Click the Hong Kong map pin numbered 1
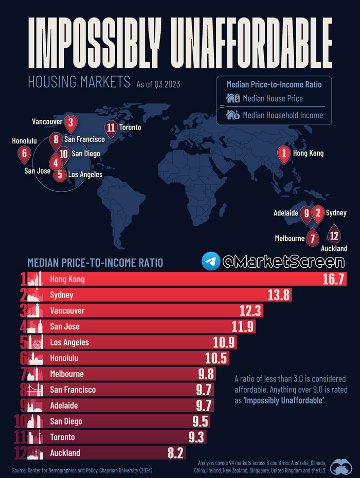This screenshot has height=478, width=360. coord(283,153)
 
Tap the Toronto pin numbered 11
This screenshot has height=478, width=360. coord(110,127)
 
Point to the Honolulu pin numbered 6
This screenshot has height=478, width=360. coord(24,153)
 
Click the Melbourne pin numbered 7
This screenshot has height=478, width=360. coord(312,238)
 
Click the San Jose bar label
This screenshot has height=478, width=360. coord(65,326)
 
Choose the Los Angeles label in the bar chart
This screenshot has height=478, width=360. coord(69,342)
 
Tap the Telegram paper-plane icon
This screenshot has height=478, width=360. coord(210,261)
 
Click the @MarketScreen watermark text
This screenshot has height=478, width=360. coord(283,261)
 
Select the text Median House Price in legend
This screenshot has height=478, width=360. coord(273,98)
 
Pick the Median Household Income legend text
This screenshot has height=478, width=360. coord(282,115)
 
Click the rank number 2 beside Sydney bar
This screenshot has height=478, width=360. coord(23,295)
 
